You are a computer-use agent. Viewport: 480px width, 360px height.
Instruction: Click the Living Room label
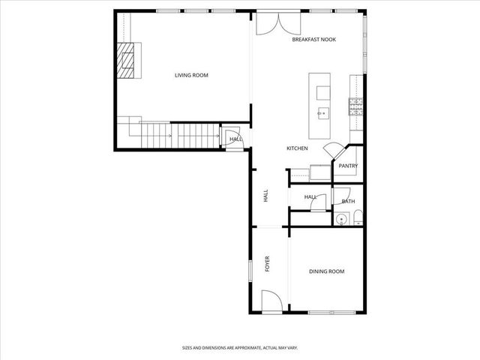pyautogui.click(x=191, y=75)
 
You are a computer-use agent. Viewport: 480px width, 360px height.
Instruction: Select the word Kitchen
pyautogui.click(x=297, y=148)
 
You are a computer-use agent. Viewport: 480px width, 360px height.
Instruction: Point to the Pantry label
pyautogui.click(x=347, y=166)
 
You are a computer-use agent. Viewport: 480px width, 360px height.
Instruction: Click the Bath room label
pyautogui.click(x=348, y=201)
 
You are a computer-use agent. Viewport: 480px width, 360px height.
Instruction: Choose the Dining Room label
pyautogui.click(x=326, y=271)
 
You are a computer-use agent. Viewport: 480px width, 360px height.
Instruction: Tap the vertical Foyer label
pyautogui.click(x=267, y=264)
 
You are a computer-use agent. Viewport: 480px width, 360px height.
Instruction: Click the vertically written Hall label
pyautogui.click(x=266, y=196)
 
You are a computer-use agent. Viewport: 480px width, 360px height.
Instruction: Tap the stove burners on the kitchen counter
pyautogui.click(x=355, y=105)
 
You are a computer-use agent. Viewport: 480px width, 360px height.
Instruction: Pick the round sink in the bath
pyautogui.click(x=340, y=220)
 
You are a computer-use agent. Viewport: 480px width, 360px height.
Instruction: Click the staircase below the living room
pyautogui.click(x=180, y=136)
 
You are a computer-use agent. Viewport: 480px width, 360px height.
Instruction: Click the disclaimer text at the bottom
pyautogui.click(x=240, y=348)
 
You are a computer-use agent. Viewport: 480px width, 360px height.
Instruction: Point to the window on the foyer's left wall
pyautogui.click(x=250, y=271)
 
